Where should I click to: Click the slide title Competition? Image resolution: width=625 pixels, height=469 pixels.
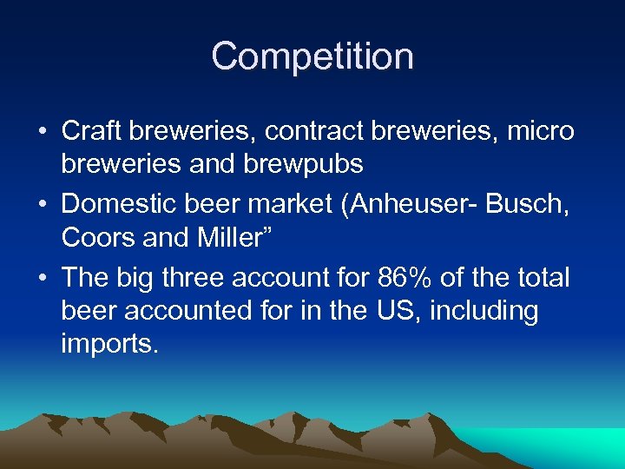[312, 56]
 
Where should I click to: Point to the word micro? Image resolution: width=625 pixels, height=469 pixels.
[541, 131]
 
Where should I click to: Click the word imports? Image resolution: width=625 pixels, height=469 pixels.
[110, 344]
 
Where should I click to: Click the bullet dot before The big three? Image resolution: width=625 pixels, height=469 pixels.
[43, 279]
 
